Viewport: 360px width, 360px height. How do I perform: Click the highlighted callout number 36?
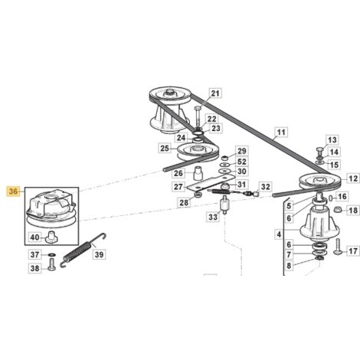click(13, 191)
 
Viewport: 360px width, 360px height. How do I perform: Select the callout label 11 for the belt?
click(281, 133)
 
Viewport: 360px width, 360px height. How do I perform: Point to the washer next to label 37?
click(52, 255)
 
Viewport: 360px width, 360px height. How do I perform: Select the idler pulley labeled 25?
click(198, 152)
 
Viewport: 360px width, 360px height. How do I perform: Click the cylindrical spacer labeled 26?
click(198, 173)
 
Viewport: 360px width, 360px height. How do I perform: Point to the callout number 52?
click(242, 162)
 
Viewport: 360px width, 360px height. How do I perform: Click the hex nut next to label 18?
click(339, 210)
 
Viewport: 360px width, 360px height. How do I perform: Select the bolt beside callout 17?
click(337, 247)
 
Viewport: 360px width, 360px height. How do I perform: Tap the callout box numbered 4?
click(279, 234)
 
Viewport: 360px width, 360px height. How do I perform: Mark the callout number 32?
click(266, 187)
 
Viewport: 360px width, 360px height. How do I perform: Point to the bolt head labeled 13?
click(319, 150)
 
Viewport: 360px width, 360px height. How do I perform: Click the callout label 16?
click(342, 196)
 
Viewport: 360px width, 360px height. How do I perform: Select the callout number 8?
click(289, 266)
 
